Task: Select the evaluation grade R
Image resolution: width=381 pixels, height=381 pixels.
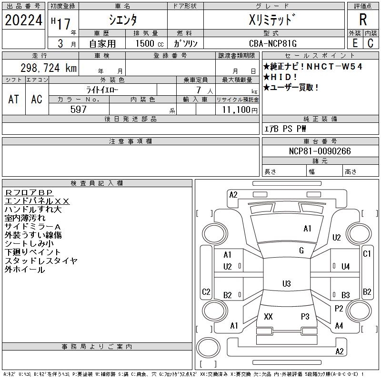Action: click(363, 20)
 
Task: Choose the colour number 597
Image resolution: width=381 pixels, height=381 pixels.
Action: click(78, 110)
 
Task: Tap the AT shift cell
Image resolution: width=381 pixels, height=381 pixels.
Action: click(14, 99)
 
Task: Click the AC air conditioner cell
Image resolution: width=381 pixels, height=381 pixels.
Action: click(37, 99)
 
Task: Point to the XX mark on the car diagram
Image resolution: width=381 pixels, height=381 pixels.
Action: click(268, 317)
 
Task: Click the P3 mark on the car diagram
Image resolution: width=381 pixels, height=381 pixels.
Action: click(305, 317)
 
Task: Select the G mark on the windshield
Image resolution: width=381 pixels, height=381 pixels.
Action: click(301, 251)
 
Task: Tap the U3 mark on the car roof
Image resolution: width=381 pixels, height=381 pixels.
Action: click(286, 284)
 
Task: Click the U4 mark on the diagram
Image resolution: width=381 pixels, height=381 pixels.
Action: click(346, 267)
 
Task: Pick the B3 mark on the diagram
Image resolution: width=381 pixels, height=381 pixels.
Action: click(346, 295)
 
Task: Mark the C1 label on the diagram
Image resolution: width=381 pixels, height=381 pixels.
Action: click(367, 254)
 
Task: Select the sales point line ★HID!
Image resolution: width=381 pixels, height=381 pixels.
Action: click(282, 77)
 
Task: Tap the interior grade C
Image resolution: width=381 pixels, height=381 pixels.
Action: click(370, 43)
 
